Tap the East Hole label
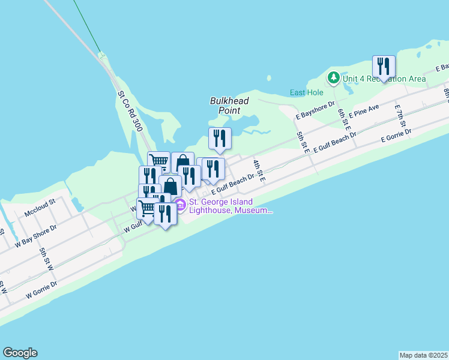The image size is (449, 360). point(306,92)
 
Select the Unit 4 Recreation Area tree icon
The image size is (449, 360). point(334,79)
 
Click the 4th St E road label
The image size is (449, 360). point(258,168)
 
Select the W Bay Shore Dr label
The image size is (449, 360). point(35,236)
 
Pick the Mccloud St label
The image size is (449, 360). point(40,208)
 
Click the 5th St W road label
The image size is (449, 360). point(46,258)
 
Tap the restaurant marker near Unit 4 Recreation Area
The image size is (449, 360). point(383,67)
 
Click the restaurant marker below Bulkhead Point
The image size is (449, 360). point(220,139)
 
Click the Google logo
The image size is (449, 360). point(20,353)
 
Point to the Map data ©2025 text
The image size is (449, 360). point(423,355)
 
